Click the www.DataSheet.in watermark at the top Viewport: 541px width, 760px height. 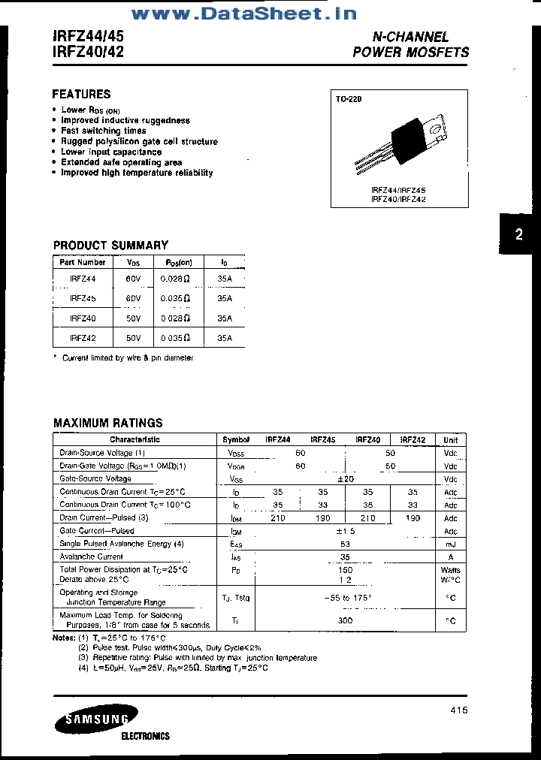(243, 14)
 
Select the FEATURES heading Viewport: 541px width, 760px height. (81, 94)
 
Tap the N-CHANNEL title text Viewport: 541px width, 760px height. (411, 36)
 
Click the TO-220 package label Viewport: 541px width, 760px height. (349, 99)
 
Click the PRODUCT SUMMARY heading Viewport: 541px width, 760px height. (110, 245)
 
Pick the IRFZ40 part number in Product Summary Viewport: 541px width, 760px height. (83, 318)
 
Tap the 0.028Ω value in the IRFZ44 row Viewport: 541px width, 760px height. (175, 278)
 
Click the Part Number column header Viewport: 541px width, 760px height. (83, 262)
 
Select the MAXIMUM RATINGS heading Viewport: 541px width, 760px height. (107, 423)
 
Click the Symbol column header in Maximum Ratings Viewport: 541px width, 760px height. (236, 439)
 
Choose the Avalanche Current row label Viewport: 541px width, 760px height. (91, 556)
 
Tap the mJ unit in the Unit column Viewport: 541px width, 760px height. (450, 544)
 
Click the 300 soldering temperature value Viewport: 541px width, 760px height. (345, 620)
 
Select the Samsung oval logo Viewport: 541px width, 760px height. (95, 721)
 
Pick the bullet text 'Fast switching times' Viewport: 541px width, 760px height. (104, 131)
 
